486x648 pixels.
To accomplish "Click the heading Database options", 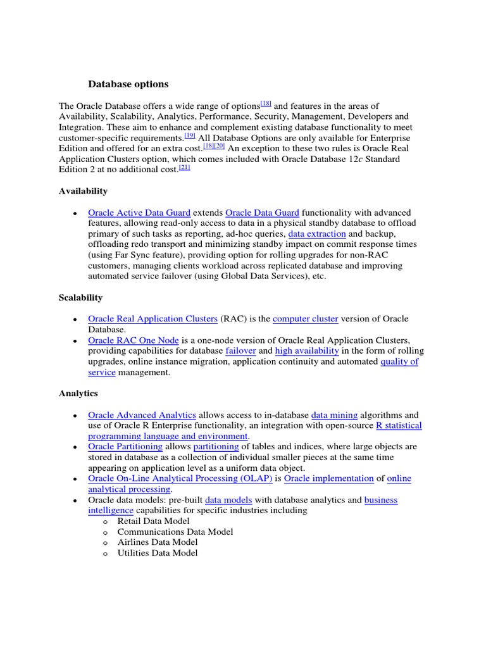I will pos(128,84).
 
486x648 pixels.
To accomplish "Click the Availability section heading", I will pos(83,191).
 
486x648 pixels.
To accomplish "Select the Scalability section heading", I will pos(80,297).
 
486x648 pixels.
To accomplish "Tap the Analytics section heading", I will pos(78,394).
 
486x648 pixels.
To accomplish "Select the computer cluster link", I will pos(306,319).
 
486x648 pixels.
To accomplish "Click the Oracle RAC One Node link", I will pos(134,340).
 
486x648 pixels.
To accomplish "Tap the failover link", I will pos(240,351).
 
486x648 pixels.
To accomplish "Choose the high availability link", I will pos(307,351).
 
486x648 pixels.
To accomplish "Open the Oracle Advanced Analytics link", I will pos(142,415).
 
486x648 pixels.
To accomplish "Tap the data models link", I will pos(228,500).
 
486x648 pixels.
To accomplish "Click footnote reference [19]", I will pos(190,135).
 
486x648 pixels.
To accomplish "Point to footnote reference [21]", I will pos(184,167).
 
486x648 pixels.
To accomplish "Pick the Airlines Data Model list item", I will pos(157,542).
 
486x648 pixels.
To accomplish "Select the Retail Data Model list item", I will pos(153,521).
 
